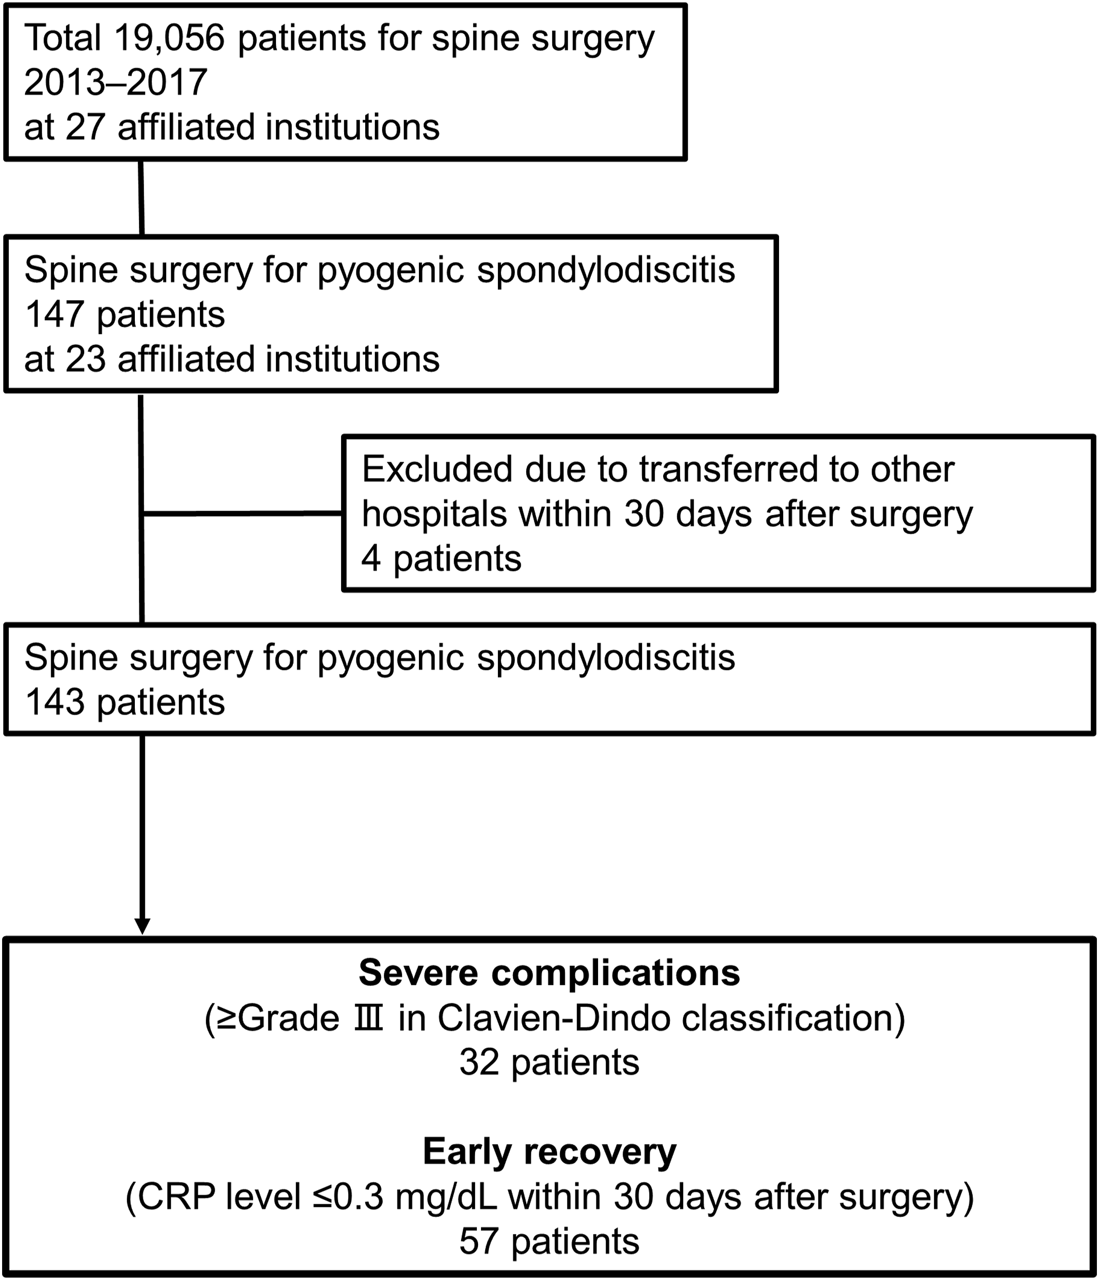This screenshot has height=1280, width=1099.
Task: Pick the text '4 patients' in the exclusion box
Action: coord(442,559)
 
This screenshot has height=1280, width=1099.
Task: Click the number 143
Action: coord(55,703)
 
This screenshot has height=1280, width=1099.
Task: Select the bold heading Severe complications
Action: coord(549,973)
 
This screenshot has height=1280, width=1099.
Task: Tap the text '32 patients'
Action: coord(549,1063)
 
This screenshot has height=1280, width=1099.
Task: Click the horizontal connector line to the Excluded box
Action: coord(242,513)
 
